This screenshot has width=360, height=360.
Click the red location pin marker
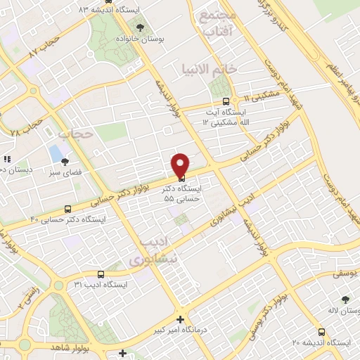pyautogui.click(x=181, y=164)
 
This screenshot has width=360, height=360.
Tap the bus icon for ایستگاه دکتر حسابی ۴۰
pyautogui.click(x=67, y=209)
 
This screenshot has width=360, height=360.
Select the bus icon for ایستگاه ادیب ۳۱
pyautogui.click(x=101, y=274)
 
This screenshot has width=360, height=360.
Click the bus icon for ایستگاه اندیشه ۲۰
pyautogui.click(x=321, y=332)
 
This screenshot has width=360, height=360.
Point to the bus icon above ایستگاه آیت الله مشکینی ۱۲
pyautogui.click(x=225, y=101)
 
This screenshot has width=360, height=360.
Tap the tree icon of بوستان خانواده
pyautogui.click(x=141, y=27)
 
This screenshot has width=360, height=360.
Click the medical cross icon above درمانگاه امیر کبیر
pyautogui.click(x=181, y=319)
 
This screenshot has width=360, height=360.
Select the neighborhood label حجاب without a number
pyautogui.click(x=76, y=133)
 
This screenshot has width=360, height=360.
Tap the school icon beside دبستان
pyautogui.click(x=7, y=160)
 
